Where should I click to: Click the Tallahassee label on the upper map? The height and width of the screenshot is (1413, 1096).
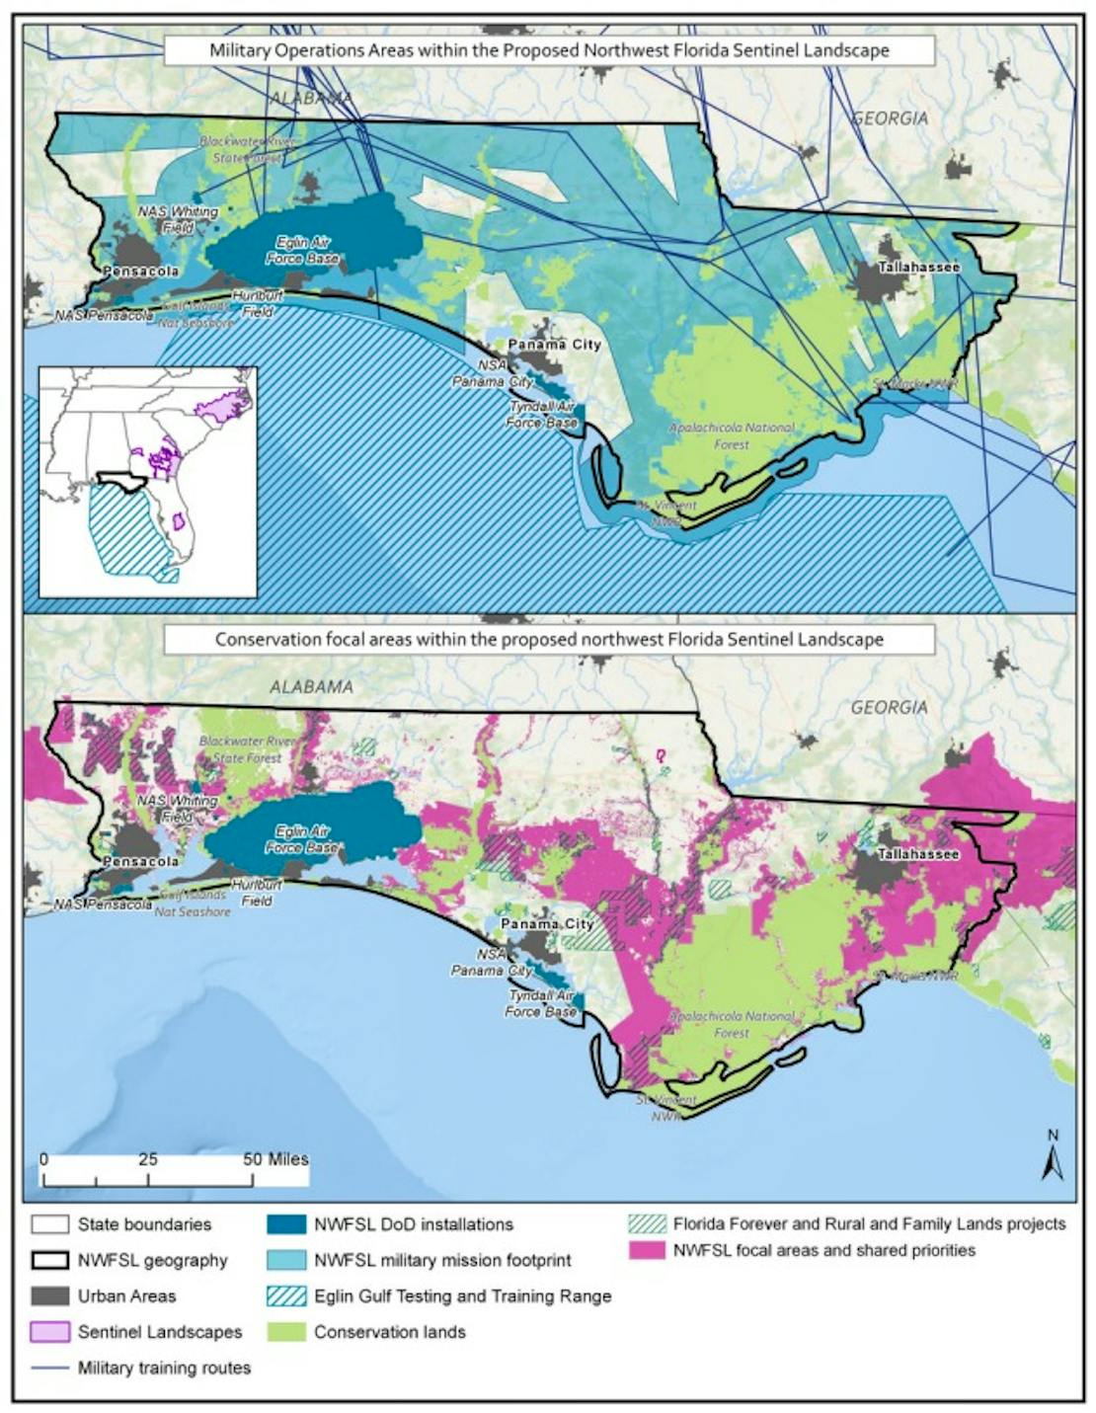click(917, 268)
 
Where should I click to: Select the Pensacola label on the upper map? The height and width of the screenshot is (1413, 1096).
click(140, 271)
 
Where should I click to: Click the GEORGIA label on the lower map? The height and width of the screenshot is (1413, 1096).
click(890, 707)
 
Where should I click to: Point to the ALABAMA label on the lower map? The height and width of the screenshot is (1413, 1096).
click(311, 687)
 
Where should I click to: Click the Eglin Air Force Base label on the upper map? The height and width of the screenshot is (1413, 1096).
click(303, 250)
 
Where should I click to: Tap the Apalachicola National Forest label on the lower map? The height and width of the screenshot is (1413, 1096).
click(732, 1024)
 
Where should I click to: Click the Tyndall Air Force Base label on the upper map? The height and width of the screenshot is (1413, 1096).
click(541, 415)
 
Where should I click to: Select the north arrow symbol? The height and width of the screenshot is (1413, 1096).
click(1052, 1157)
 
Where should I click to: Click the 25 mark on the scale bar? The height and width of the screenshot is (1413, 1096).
click(148, 1159)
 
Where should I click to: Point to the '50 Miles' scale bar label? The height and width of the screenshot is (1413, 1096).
click(275, 1159)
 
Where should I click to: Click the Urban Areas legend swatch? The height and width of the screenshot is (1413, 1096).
click(50, 1296)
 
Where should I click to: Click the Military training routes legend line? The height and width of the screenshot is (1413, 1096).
click(50, 1369)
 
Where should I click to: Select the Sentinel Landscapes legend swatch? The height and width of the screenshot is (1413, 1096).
click(50, 1332)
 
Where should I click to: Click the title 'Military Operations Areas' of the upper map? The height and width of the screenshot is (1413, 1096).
click(549, 50)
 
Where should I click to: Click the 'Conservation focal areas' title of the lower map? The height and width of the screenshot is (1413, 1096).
click(549, 639)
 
